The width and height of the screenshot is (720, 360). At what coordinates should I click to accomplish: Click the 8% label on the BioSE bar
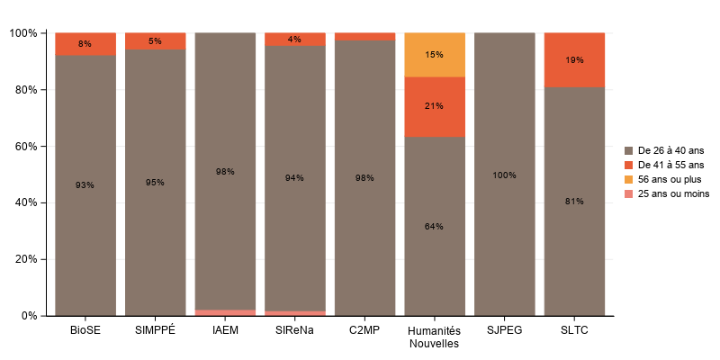pyautogui.click(x=85, y=44)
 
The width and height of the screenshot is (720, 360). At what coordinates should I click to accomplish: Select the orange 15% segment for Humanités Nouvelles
pyautogui.click(x=434, y=55)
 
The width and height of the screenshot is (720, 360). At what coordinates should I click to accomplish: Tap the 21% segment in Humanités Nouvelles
pyautogui.click(x=434, y=106)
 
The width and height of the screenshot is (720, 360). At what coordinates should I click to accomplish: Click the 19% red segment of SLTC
pyautogui.click(x=574, y=60)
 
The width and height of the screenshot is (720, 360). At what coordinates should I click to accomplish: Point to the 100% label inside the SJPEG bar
pyautogui.click(x=504, y=175)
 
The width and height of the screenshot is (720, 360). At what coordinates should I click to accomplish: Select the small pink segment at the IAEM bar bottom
pyautogui.click(x=225, y=312)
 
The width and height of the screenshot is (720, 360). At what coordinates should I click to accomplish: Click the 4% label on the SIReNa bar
pyautogui.click(x=294, y=39)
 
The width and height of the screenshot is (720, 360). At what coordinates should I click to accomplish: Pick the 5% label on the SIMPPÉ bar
pyautogui.click(x=155, y=40)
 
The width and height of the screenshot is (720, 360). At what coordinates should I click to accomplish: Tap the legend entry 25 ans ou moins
pyautogui.click(x=673, y=193)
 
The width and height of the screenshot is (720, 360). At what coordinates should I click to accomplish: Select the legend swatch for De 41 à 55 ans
pyautogui.click(x=629, y=165)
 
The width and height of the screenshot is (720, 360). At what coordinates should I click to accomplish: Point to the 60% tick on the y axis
pyautogui.click(x=24, y=147)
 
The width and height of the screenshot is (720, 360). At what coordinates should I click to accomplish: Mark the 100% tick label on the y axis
pyautogui.click(x=22, y=33)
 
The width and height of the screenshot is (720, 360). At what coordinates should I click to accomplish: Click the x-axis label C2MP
pyautogui.click(x=364, y=330)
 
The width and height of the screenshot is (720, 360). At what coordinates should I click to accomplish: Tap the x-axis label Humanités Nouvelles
pyautogui.click(x=434, y=337)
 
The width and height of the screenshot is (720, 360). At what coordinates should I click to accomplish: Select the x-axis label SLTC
pyautogui.click(x=574, y=330)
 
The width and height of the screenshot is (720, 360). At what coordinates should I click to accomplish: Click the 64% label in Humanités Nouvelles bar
pyautogui.click(x=434, y=226)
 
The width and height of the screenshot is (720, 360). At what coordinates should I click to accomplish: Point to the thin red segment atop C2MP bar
pyautogui.click(x=364, y=37)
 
